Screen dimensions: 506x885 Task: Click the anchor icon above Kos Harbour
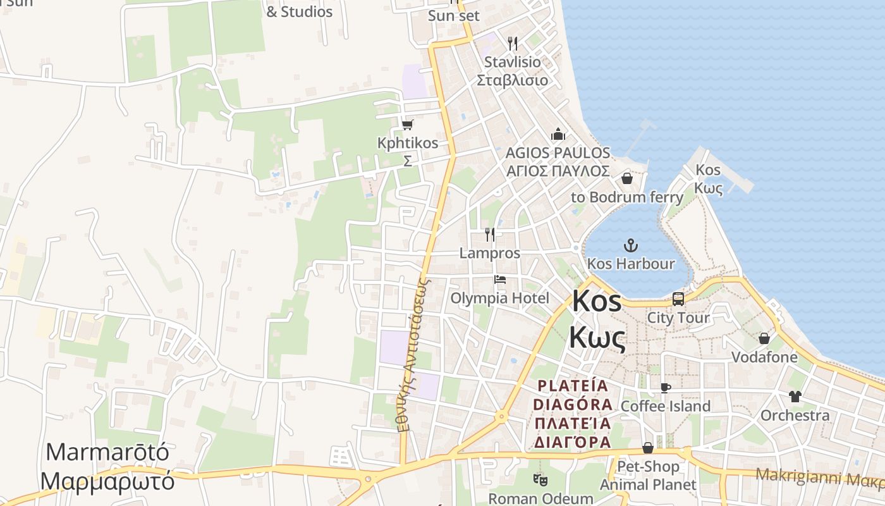(x=630, y=245)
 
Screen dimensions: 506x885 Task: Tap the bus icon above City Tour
(x=678, y=299)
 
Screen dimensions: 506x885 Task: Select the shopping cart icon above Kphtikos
(x=407, y=125)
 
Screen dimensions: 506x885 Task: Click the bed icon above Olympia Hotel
(x=500, y=280)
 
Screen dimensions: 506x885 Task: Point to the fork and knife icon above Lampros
(x=490, y=235)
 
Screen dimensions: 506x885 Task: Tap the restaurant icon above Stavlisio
(x=513, y=44)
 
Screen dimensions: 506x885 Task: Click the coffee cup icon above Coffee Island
(x=665, y=388)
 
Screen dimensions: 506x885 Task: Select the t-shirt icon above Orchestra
(x=795, y=397)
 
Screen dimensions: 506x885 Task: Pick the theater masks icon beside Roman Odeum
(x=539, y=480)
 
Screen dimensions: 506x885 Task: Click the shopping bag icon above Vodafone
(x=764, y=338)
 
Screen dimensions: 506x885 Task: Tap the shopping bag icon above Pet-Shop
(x=648, y=448)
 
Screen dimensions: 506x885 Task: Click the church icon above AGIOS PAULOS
(x=558, y=134)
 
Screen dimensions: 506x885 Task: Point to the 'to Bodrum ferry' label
(x=627, y=197)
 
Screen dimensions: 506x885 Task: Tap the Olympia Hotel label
(x=500, y=298)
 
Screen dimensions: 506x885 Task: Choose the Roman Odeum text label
(x=540, y=498)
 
